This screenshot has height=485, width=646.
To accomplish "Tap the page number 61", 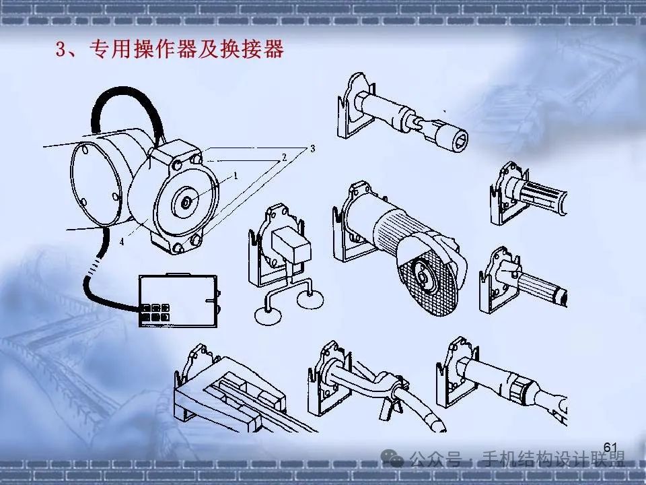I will [610, 448].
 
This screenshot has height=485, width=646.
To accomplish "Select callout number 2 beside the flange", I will [284, 157].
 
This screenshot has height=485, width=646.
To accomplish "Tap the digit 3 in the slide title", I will [59, 51].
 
